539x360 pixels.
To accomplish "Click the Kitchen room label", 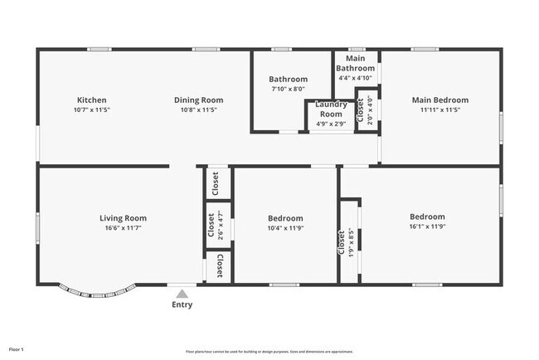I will coord(91,100).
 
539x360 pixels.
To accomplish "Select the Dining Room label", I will coord(198,100).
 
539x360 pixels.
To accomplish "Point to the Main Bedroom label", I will coord(439,100).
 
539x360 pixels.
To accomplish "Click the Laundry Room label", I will coord(332,109).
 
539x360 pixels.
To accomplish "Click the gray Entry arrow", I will coord(182,292).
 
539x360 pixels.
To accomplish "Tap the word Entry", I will coord(182,304).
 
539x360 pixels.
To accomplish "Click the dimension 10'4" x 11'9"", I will coord(285,228).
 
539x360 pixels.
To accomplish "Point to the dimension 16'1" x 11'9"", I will coord(427,226).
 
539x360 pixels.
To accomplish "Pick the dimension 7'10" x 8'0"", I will coord(288,89).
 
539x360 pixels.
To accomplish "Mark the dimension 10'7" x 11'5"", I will coord(91,109).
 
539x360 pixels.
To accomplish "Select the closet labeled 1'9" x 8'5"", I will coord(346,242).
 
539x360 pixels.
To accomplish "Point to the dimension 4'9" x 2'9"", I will coord(332,124).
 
